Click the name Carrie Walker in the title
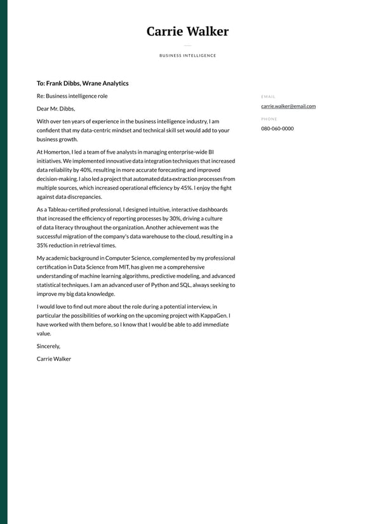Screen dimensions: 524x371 [187, 31]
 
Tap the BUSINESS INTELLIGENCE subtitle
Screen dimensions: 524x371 [187, 56]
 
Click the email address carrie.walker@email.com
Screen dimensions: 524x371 [288, 106]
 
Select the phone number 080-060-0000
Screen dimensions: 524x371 [277, 128]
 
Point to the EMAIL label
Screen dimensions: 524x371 [268, 97]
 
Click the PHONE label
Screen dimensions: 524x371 [269, 119]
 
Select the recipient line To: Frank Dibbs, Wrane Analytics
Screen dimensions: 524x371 [83, 83]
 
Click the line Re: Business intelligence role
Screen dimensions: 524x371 [72, 96]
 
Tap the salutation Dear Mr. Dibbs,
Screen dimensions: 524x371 [56, 109]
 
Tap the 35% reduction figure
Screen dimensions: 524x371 [43, 245]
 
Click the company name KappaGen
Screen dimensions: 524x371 [217, 316]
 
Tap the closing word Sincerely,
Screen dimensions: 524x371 [48, 346]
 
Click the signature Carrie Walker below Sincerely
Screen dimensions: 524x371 [54, 359]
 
